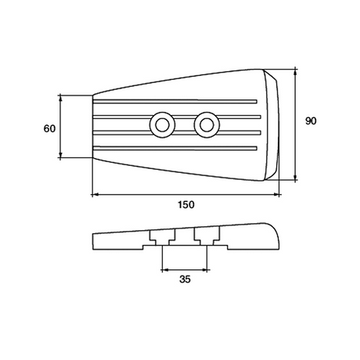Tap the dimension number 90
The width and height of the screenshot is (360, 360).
(310, 121)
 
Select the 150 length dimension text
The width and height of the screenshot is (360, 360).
(185, 204)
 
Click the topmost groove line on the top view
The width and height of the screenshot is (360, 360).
(176, 101)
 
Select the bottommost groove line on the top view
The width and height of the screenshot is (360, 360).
(176, 147)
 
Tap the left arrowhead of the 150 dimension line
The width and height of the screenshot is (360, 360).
(94, 194)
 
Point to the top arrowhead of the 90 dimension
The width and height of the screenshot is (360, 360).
(296, 70)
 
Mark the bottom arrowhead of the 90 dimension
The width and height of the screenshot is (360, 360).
(296, 179)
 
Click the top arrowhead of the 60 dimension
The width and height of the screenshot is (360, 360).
(60, 97)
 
